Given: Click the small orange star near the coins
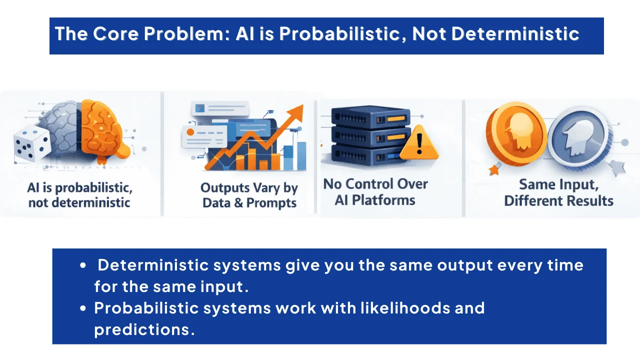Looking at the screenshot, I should click(494, 170).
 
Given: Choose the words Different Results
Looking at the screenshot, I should click(558, 200).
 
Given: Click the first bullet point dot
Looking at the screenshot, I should click(83, 265).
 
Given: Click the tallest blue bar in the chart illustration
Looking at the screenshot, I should click(301, 155).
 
